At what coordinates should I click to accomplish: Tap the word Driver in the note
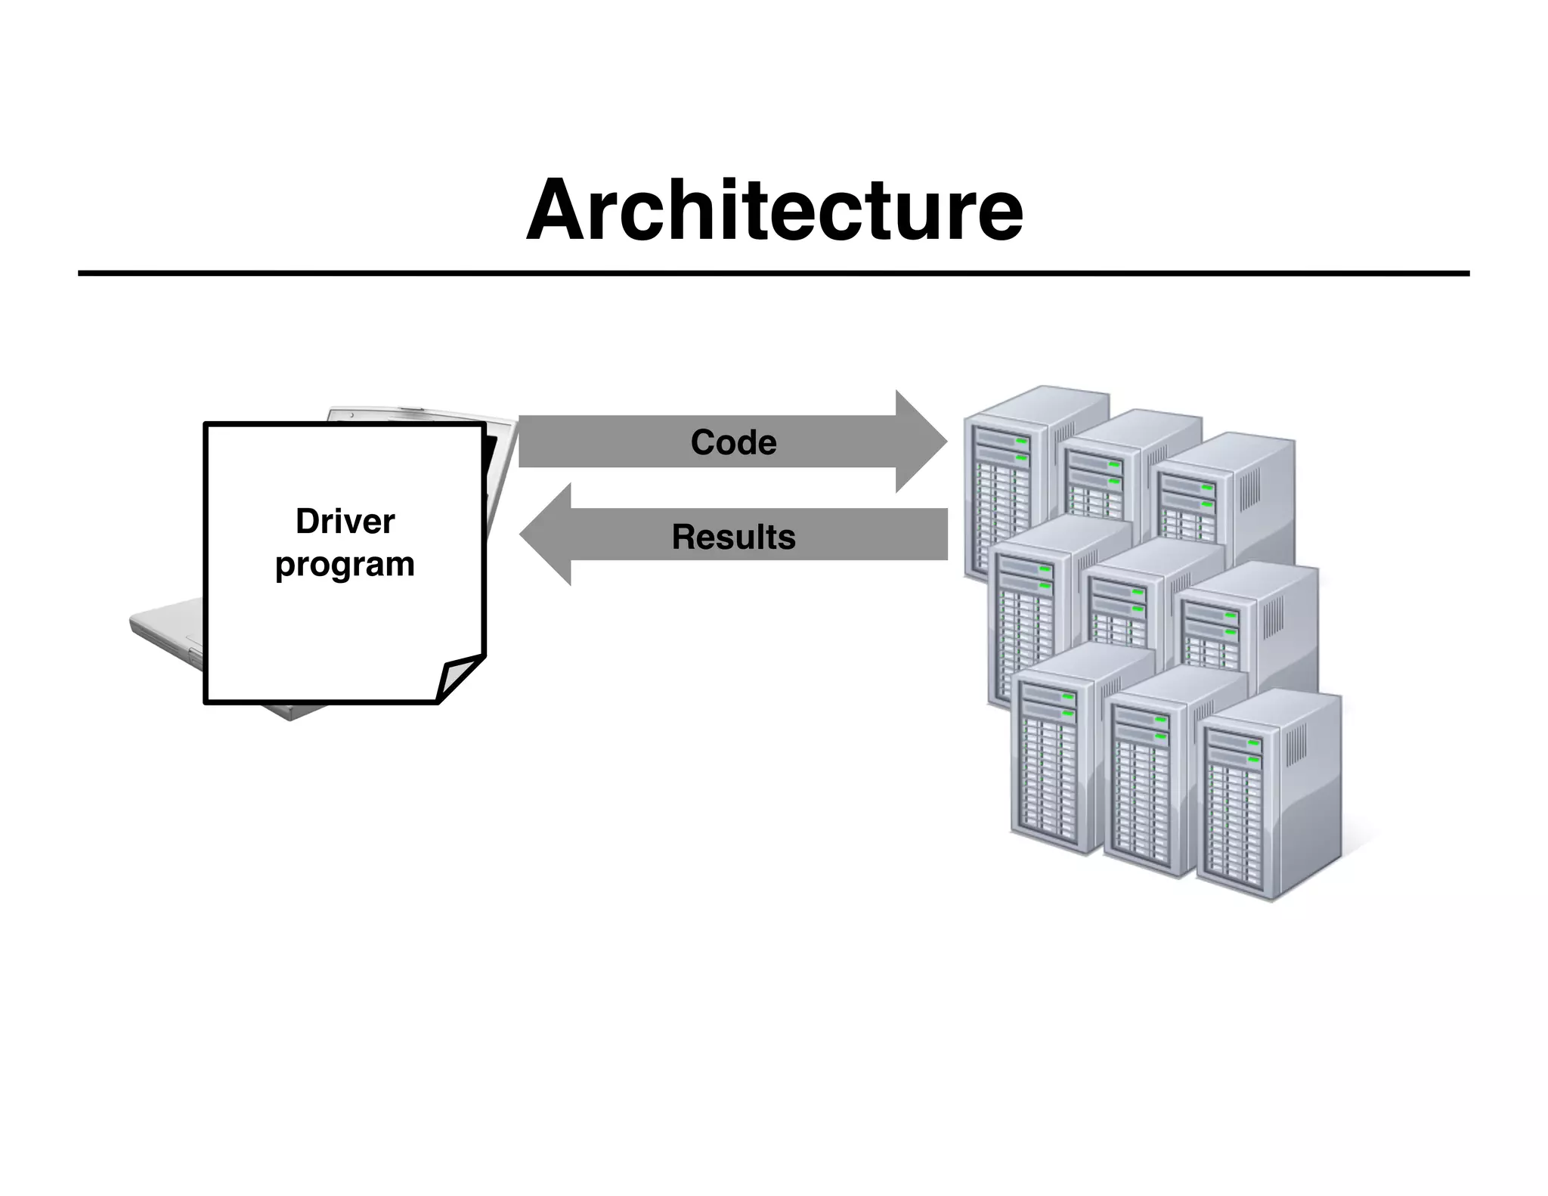pos(345,522)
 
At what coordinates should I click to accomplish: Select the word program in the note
pos(345,565)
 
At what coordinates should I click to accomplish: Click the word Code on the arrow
pos(733,442)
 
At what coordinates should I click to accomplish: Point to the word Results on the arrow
pos(733,537)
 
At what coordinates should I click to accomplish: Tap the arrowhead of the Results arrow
pos(546,535)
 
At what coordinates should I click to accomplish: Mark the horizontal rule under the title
pos(774,273)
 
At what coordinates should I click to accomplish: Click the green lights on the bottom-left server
pos(1068,705)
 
